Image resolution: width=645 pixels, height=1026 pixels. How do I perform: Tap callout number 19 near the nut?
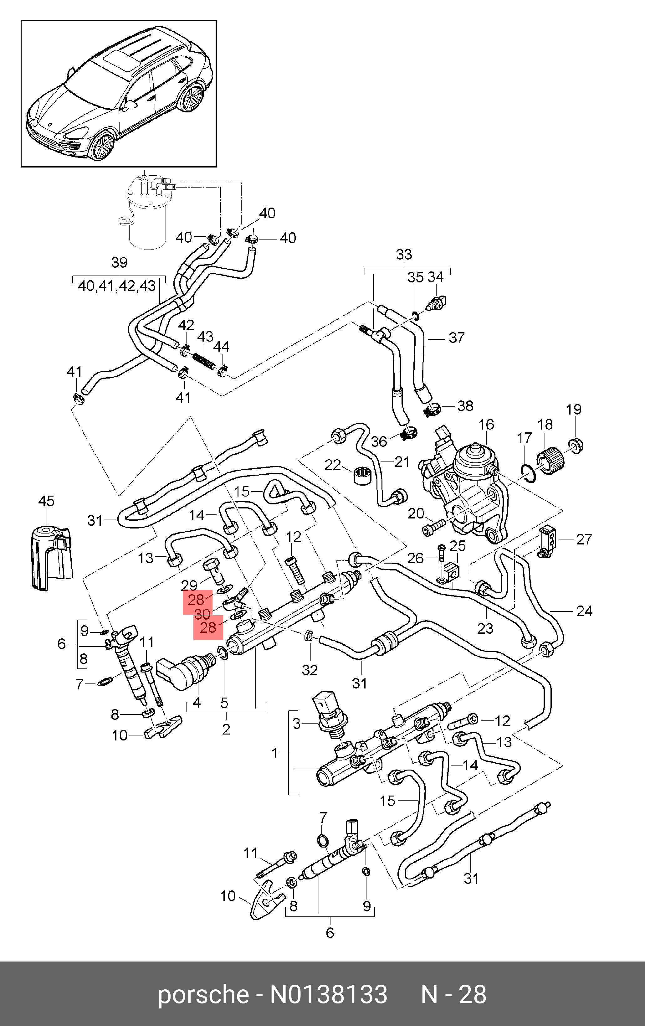573,410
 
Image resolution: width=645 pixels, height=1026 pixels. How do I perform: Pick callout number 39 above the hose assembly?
119,262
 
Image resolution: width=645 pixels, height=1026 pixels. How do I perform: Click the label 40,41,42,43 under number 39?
117,286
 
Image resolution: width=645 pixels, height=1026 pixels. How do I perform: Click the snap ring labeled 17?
528,472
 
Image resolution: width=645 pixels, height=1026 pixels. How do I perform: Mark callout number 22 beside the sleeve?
333,465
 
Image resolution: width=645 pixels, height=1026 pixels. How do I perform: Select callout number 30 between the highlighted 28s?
202,614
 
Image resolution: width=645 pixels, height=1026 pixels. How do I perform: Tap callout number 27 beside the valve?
584,539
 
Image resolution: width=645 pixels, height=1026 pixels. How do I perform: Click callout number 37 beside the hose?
457,338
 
